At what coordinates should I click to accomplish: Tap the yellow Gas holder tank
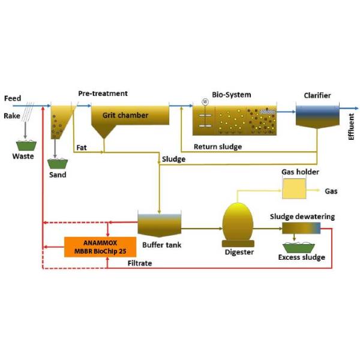tap(293, 189)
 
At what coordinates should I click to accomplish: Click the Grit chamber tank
tap(130, 118)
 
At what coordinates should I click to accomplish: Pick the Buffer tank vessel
tap(160, 224)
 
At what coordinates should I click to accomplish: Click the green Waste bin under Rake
tap(25, 144)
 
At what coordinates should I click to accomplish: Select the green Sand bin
tap(58, 163)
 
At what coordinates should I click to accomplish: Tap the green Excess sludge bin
tap(301, 246)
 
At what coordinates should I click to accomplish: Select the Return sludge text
tap(217, 146)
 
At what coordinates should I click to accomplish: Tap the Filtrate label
tap(140, 263)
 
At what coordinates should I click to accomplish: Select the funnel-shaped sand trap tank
tap(61, 120)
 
